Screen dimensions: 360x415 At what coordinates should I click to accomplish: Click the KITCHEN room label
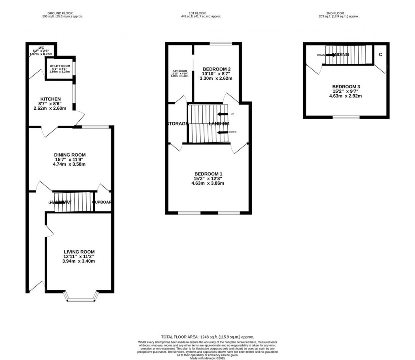(x=51, y=99)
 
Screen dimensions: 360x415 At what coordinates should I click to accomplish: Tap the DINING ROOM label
(x=71, y=155)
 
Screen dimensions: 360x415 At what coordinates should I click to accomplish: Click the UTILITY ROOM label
(x=60, y=66)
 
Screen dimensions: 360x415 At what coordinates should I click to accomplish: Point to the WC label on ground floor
(x=41, y=47)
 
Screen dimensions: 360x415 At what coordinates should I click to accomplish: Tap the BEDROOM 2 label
(x=216, y=68)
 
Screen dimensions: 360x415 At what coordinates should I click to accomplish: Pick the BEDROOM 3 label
(x=346, y=87)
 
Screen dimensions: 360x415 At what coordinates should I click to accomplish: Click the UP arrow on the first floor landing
(x=222, y=114)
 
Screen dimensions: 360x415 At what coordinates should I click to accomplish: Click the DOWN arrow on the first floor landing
(x=222, y=132)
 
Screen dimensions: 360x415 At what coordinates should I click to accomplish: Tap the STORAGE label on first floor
(x=177, y=124)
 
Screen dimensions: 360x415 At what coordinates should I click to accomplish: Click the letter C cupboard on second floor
(x=381, y=54)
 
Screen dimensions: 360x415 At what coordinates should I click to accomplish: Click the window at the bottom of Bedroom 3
(x=346, y=117)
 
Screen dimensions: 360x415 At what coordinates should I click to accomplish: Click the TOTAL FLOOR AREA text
(x=207, y=337)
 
